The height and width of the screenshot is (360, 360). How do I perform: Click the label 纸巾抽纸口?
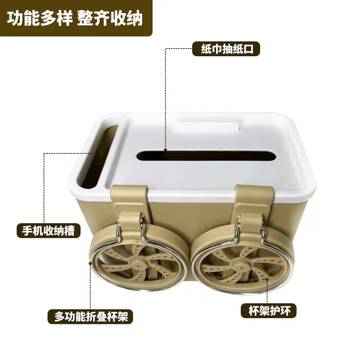226,49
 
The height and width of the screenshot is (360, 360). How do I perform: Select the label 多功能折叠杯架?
91,316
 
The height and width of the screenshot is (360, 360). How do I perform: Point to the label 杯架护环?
269,309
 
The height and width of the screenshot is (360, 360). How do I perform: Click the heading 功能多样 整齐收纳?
75,18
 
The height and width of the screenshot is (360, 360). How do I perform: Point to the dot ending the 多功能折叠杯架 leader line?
92,261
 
